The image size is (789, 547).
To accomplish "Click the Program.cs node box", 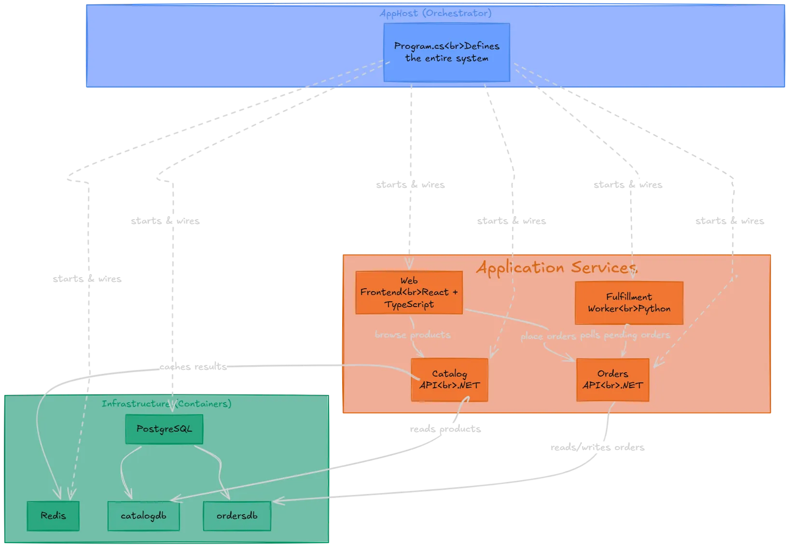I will pos(446,52).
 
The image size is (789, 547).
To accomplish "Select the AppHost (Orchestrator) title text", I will pos(435,13).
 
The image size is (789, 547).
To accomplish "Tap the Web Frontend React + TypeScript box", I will pos(409,293).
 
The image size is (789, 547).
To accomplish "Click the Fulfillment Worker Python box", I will pos(629,303).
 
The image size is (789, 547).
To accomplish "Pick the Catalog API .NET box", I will pos(449,379).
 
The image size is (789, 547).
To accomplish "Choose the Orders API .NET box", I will pos(612,379).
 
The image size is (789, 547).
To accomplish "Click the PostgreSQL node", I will pos(164,429).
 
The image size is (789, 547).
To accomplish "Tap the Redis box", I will pos(53,516).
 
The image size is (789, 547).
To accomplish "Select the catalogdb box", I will pos(143,516).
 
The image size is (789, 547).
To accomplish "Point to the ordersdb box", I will pos(237,516).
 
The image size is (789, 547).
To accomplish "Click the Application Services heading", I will pos(556,267).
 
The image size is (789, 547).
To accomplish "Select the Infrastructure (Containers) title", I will pos(166,403).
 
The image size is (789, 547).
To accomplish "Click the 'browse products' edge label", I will pos(413,335).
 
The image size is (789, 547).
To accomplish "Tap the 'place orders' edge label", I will pos(548,336).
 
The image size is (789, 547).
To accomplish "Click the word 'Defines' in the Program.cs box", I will pos(482,46).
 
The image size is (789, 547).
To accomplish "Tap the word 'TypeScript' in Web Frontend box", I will pos(409,304).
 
